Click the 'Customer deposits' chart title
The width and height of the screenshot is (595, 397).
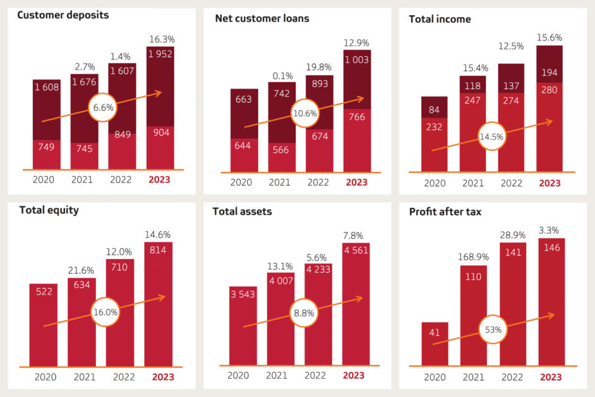(63, 15)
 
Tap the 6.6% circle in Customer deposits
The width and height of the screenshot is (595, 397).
(103, 107)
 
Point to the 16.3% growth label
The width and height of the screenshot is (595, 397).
(162, 39)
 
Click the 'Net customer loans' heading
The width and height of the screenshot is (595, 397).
(262, 18)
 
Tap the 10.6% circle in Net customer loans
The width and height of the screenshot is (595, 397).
(305, 113)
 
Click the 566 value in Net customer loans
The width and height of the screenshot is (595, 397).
(280, 150)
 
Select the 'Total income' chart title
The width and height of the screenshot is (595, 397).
(440, 19)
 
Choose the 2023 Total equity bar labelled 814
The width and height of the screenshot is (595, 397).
(159, 303)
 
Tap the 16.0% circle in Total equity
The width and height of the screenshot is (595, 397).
(104, 312)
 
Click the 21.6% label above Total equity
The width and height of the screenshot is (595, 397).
(81, 271)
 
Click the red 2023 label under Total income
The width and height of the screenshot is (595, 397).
(550, 183)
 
